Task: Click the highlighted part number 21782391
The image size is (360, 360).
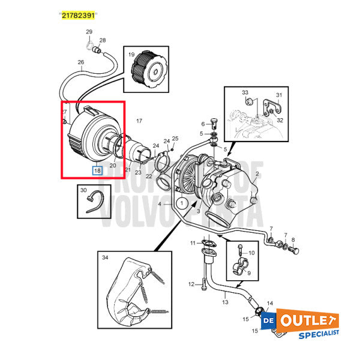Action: (79, 14)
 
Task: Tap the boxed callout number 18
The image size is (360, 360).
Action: (97, 170)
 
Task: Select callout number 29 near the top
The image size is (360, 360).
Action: (89, 31)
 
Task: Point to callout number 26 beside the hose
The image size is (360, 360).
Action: (81, 62)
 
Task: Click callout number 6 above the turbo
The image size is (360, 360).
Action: (203, 124)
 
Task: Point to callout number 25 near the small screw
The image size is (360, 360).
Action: (175, 139)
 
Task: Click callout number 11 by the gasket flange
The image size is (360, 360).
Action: (193, 243)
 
